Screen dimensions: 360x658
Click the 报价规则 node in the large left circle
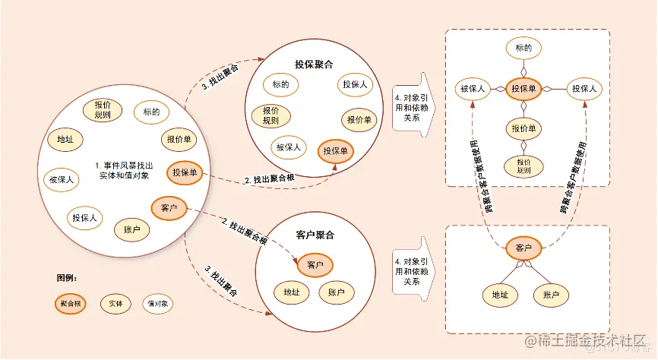click(x=103, y=109)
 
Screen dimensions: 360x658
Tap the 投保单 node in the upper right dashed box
click(x=524, y=89)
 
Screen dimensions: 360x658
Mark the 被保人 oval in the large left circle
click(x=62, y=180)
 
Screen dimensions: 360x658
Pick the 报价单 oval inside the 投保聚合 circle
click(x=359, y=119)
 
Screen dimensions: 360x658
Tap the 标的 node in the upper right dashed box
click(x=524, y=49)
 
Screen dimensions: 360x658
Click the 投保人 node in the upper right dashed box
click(x=585, y=89)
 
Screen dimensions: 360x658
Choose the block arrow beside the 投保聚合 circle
click(x=410, y=103)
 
